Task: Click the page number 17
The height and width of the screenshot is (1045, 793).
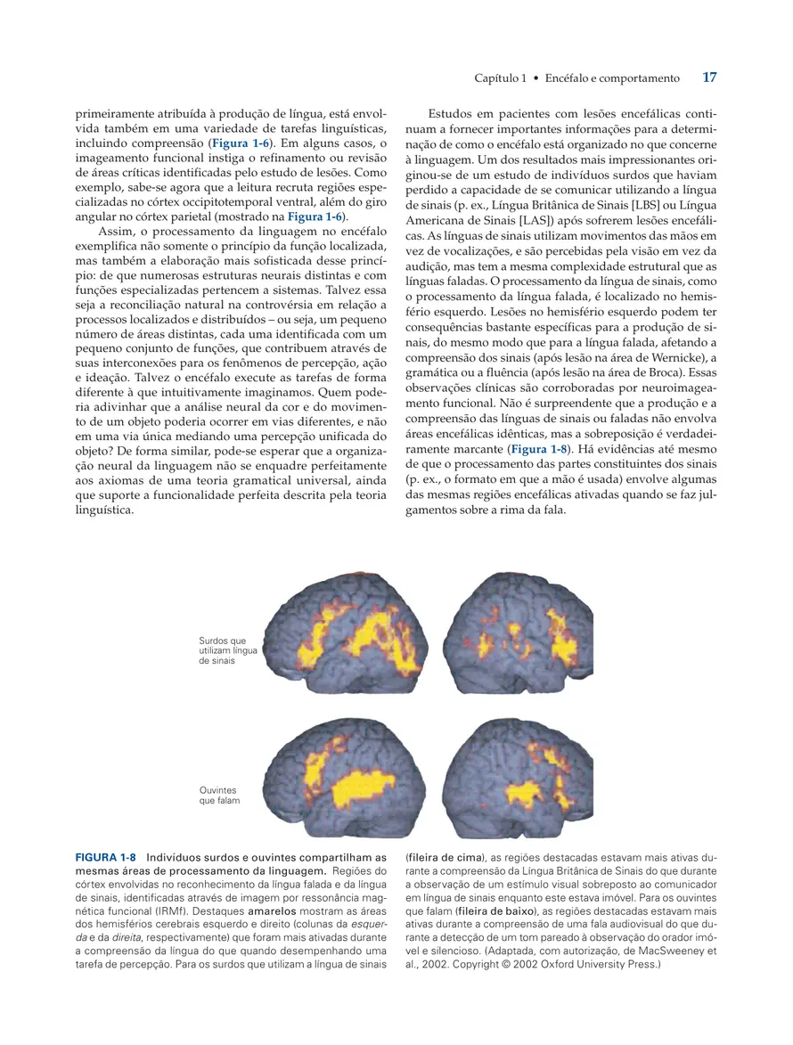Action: (709, 78)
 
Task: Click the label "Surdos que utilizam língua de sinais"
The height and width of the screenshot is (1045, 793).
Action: (227, 651)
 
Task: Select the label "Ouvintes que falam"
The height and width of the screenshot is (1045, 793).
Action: (219, 795)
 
